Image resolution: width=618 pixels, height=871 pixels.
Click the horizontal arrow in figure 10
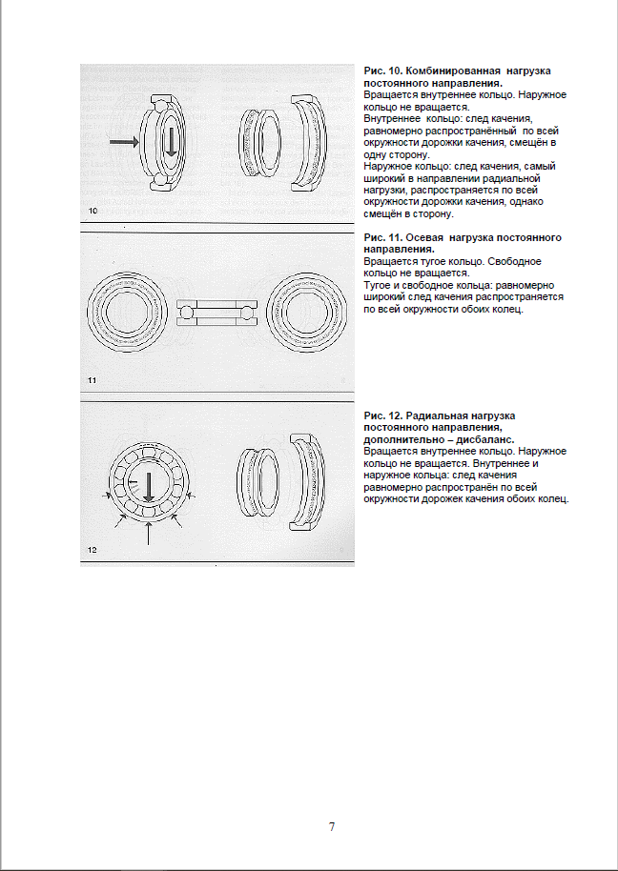(x=123, y=142)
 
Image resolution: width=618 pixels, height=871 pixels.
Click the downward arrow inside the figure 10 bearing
(x=171, y=141)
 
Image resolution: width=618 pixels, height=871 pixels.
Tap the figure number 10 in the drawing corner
(x=93, y=210)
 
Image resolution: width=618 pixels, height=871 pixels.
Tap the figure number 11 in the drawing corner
(x=93, y=380)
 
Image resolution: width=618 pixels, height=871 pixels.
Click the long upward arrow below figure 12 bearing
(x=149, y=533)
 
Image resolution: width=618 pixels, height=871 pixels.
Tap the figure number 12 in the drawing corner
(x=93, y=550)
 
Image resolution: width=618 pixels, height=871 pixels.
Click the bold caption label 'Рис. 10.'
(x=383, y=71)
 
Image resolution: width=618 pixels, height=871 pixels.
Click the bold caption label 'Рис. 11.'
(x=383, y=237)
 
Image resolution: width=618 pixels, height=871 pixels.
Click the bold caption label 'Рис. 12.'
(x=383, y=416)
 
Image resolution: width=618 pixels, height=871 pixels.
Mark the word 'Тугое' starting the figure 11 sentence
(x=379, y=285)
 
